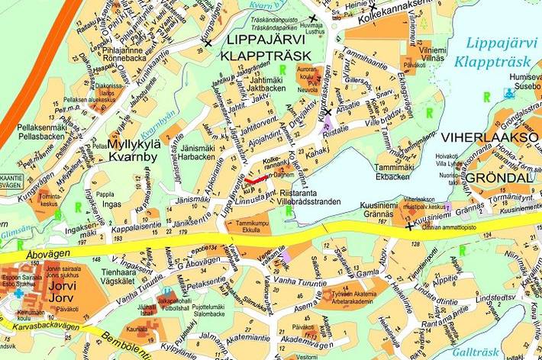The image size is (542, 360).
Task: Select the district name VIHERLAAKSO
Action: pyautogui.click(x=479, y=138)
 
